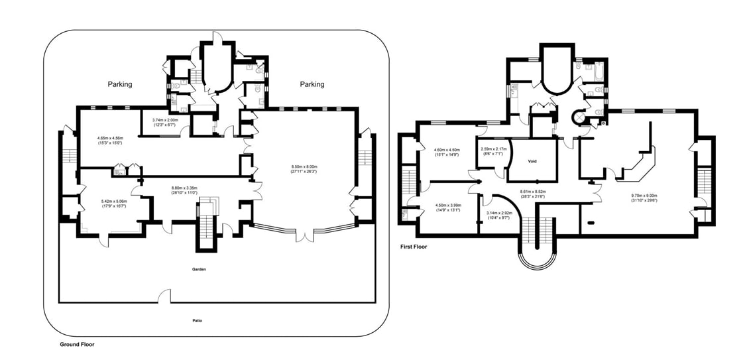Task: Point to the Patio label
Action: (198, 321)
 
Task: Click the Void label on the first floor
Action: (532, 161)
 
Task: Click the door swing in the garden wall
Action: (164, 296)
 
